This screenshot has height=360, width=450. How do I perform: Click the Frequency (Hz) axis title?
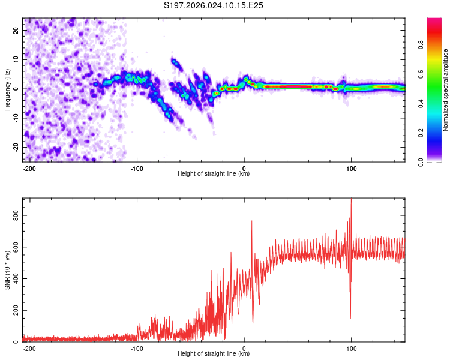(x=7, y=90)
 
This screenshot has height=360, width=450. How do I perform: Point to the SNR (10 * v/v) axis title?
(x=7, y=270)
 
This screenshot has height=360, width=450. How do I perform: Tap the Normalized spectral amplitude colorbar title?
(x=445, y=90)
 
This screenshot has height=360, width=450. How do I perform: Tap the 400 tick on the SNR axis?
(x=13, y=278)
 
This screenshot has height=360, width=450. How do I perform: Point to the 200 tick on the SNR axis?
(x=13, y=310)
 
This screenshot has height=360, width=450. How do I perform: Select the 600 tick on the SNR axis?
(x=13, y=247)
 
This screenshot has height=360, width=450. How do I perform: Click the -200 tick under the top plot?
(x=29, y=167)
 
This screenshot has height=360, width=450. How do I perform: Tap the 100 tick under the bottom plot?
(x=351, y=347)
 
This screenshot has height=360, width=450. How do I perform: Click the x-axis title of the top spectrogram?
(x=214, y=174)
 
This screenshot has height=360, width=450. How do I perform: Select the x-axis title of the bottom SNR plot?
(x=214, y=354)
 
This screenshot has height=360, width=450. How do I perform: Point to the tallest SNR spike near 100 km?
(x=351, y=202)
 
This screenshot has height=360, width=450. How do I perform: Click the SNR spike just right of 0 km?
(x=251, y=222)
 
